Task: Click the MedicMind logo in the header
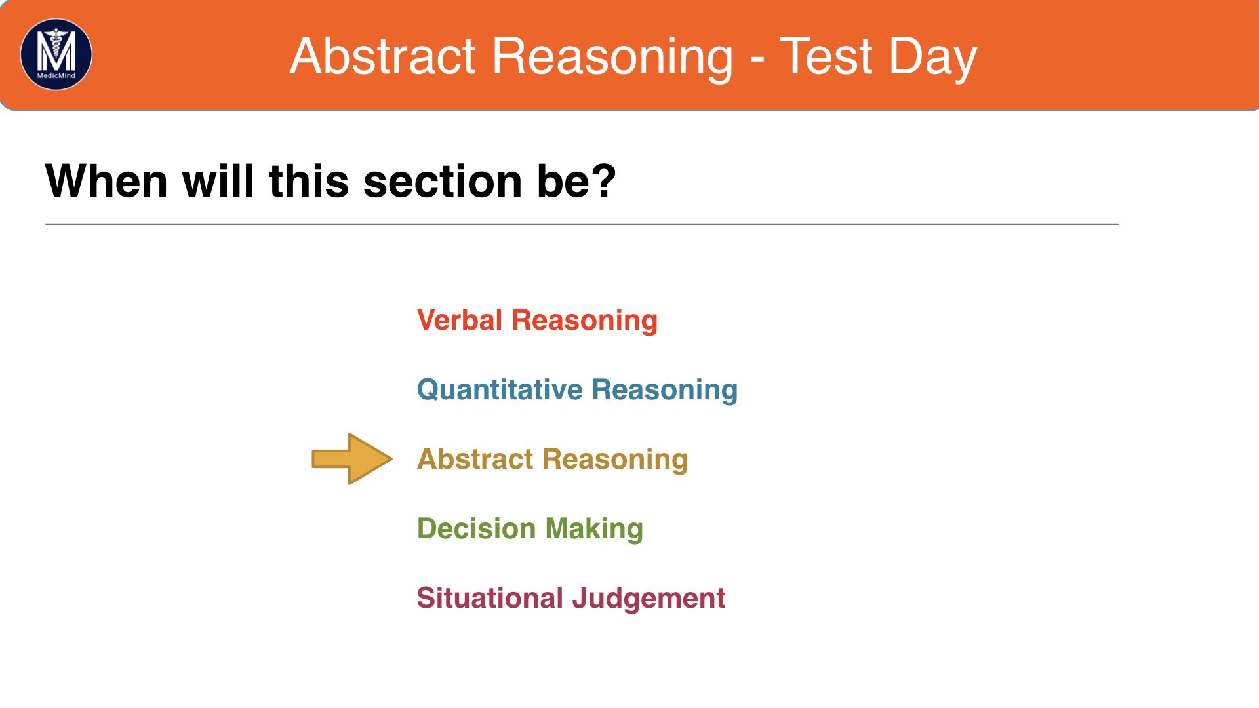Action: tap(56, 54)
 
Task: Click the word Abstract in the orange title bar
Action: tap(383, 56)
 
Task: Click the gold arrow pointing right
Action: tap(352, 459)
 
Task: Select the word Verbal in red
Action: tap(460, 321)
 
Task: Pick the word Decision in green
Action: tap(477, 528)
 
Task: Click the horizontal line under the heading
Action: tap(582, 224)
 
